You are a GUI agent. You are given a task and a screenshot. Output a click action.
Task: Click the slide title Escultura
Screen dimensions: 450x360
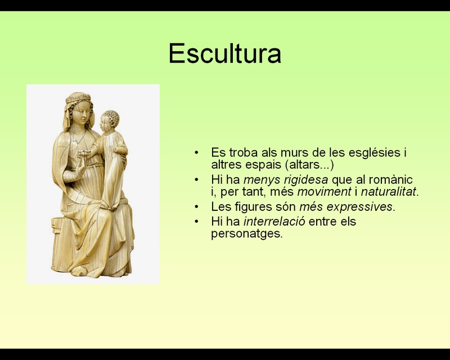tap(224, 53)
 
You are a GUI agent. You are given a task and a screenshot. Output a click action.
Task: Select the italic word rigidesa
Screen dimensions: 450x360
tap(305, 179)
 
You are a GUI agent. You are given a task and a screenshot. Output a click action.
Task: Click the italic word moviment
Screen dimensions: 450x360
tap(324, 191)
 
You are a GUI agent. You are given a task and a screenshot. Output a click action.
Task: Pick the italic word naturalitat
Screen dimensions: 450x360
tap(388, 191)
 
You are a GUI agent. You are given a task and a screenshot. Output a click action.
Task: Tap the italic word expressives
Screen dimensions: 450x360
tap(359, 206)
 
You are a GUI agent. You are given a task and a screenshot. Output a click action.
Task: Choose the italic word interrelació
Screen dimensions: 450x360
tap(274, 221)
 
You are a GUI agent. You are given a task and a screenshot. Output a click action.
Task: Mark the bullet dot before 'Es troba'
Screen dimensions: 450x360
tap(196, 152)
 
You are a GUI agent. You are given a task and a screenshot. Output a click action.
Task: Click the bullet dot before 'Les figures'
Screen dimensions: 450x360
tap(196, 206)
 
